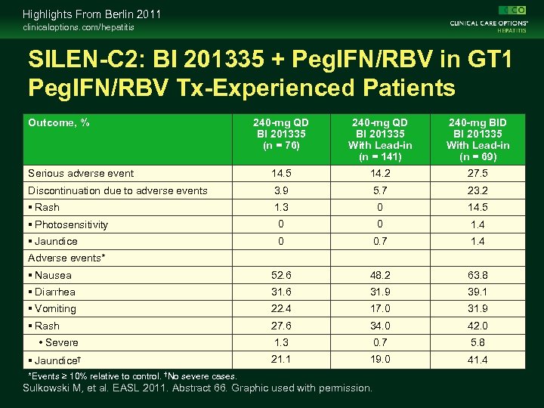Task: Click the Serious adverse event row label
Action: coord(81,173)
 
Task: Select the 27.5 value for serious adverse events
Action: coord(478,173)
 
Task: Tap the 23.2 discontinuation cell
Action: coord(478,190)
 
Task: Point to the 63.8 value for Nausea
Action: coord(478,276)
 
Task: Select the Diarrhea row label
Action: coord(51,292)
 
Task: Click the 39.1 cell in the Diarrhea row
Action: coord(478,292)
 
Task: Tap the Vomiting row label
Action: coord(51,308)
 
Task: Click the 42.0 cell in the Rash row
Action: coord(478,326)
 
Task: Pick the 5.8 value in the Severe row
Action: coord(478,342)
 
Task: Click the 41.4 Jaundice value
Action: coord(478,360)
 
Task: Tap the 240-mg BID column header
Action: coord(478,140)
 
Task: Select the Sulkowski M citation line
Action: coord(197,388)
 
